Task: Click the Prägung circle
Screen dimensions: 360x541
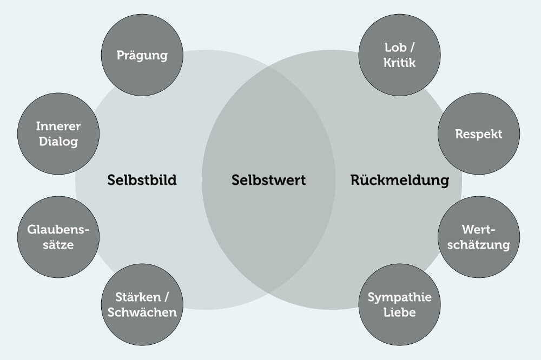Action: pyautogui.click(x=142, y=55)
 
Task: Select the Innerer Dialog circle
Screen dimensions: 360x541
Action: pyautogui.click(x=58, y=134)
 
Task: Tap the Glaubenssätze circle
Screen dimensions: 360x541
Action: pyautogui.click(x=58, y=237)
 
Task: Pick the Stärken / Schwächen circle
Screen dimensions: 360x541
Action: pyautogui.click(x=142, y=304)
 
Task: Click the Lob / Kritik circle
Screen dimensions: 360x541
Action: pyautogui.click(x=399, y=55)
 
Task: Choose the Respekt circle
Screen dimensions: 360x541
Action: pyautogui.click(x=478, y=134)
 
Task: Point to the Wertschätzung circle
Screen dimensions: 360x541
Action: pyautogui.click(x=478, y=237)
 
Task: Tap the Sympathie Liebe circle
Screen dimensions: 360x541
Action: pyautogui.click(x=399, y=304)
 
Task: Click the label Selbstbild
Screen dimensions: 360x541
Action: pyautogui.click(x=142, y=180)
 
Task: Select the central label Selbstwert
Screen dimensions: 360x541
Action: pyautogui.click(x=268, y=180)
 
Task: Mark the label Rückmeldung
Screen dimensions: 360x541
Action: pyautogui.click(x=399, y=180)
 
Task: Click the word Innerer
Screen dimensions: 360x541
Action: pyautogui.click(x=58, y=126)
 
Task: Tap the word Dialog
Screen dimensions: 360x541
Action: pyautogui.click(x=58, y=142)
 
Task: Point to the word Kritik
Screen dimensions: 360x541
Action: pyautogui.click(x=399, y=63)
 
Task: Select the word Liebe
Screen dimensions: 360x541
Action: pyautogui.click(x=399, y=312)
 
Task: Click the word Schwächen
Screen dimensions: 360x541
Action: pyautogui.click(x=142, y=312)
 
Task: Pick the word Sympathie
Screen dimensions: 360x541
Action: pyautogui.click(x=399, y=297)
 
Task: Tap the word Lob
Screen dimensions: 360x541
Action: pyautogui.click(x=394, y=48)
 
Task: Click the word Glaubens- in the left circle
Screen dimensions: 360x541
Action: pyautogui.click(x=58, y=230)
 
